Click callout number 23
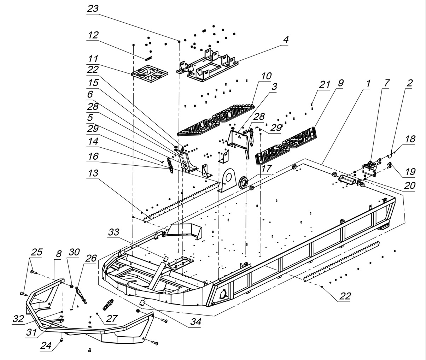pos(93,8)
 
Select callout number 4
pos(285,39)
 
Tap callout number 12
pos(93,35)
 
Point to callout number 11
pos(93,58)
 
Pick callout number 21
pos(325,84)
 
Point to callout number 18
pos(410,138)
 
